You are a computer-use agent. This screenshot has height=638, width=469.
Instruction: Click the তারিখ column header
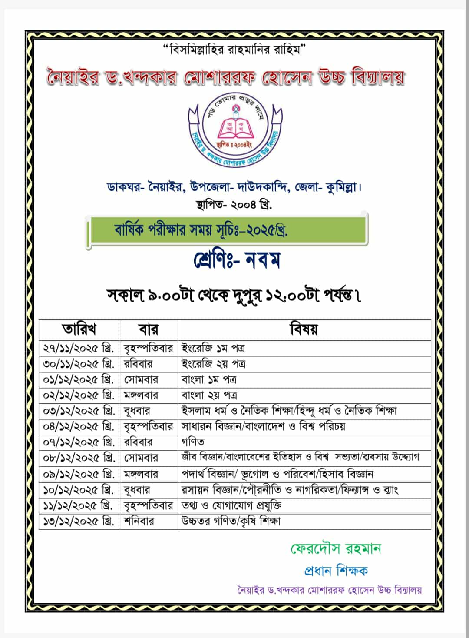pos(79,329)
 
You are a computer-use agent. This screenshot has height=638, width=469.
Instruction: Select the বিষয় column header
pos(304,329)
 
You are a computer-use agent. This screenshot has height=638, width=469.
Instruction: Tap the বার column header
pos(149,329)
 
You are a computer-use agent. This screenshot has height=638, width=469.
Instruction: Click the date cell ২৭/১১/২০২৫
pos(79,348)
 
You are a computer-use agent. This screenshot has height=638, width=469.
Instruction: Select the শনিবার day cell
pos(139,521)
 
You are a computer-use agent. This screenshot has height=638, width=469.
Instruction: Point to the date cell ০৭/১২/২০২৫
pos(79,442)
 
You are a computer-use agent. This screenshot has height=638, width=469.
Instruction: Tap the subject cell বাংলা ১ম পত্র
pos(209,379)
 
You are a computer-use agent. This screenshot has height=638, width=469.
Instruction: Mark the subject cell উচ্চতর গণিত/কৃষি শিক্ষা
pos(231,521)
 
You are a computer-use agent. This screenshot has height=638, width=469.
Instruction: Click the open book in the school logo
pos(234,127)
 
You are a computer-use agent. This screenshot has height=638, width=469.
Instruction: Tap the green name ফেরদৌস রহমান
pos(336,548)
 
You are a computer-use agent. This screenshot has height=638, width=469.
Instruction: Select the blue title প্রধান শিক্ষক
pos(336,570)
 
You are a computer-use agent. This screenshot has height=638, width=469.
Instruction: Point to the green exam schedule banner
pos(227,230)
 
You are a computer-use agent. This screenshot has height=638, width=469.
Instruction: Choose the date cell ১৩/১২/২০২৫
pos(79,521)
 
